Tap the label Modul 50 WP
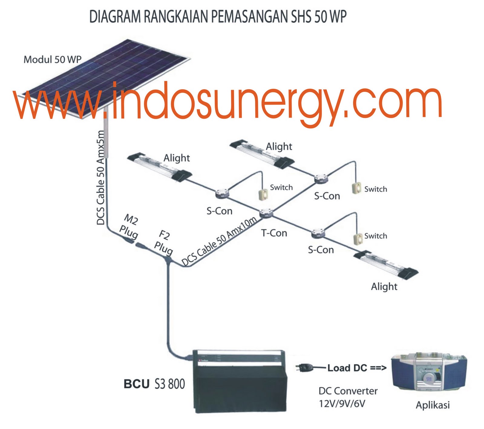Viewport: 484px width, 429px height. click(x=52, y=59)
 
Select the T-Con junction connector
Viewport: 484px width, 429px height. click(x=266, y=213)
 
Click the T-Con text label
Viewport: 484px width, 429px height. click(x=274, y=233)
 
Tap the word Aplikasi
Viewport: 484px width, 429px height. click(x=433, y=405)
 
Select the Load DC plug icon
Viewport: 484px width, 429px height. click(x=306, y=368)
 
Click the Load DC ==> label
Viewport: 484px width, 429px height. click(x=357, y=368)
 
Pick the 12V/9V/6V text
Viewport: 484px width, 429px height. click(x=342, y=404)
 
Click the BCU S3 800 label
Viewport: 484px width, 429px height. click(x=154, y=384)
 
